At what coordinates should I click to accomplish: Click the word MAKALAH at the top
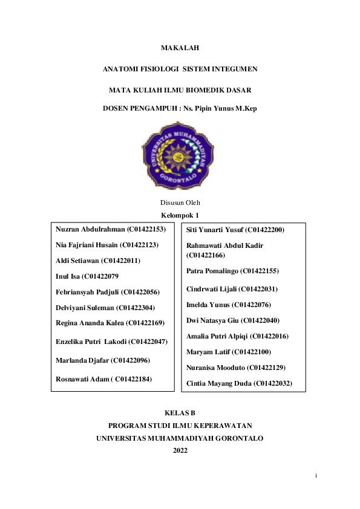180,47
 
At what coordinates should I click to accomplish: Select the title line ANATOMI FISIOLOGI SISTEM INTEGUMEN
180,70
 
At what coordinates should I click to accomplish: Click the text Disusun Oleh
180,203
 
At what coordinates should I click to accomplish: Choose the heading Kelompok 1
180,215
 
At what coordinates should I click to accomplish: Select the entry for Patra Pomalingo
232,271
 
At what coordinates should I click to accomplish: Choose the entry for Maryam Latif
229,351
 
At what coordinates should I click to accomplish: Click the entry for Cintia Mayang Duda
239,383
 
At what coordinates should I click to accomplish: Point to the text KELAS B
180,413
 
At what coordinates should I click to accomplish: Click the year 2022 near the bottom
180,450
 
